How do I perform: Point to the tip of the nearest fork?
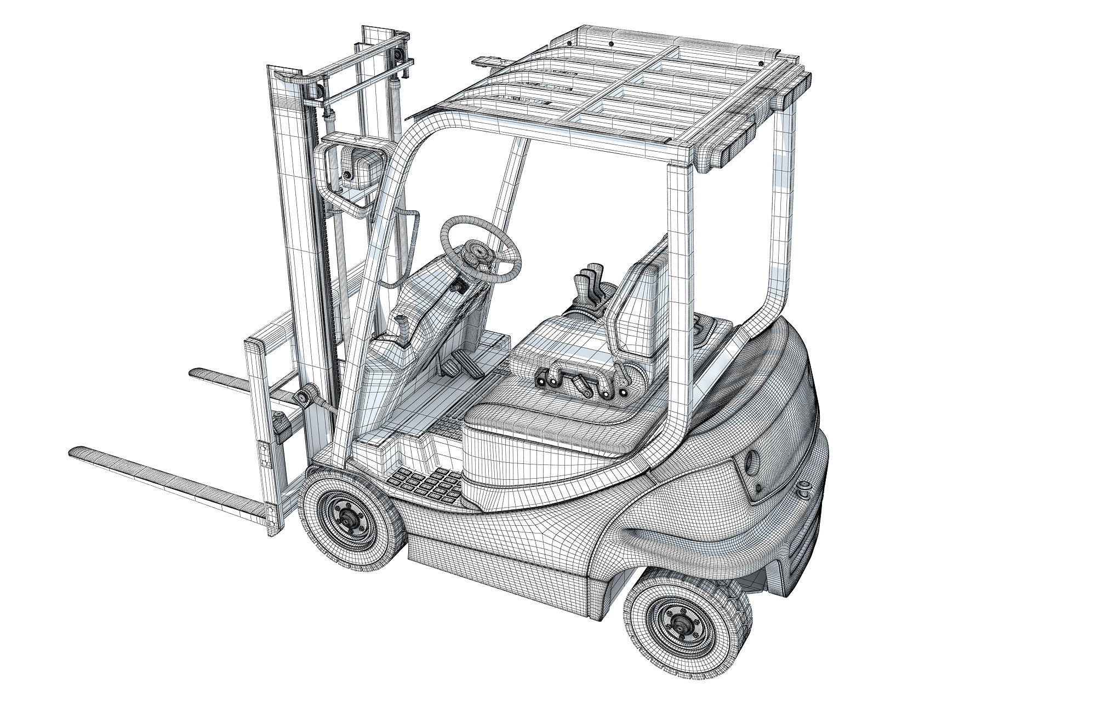(77, 452)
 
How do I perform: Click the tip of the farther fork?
(195, 372)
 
